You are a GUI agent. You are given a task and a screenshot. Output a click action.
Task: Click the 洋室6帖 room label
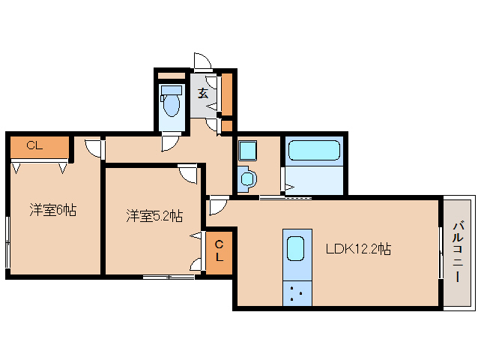[x=53, y=211]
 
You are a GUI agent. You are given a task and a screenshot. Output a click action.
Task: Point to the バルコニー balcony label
[x=458, y=252]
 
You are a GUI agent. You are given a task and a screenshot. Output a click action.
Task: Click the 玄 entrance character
[x=203, y=94]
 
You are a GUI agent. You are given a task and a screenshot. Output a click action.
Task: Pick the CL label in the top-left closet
[x=34, y=145]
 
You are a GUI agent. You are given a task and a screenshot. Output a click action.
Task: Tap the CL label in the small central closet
[x=219, y=252]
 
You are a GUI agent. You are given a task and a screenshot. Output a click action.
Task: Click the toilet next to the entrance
[x=172, y=101]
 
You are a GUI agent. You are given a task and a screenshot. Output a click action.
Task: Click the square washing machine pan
[x=247, y=149]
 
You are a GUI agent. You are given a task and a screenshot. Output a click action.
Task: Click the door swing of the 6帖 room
[x=93, y=148]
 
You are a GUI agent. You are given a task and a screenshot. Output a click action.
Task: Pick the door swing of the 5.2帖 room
[x=188, y=174]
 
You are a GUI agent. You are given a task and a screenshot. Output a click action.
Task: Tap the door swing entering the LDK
[x=219, y=205]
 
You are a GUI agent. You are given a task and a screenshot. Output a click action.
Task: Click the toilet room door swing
[x=170, y=142]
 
